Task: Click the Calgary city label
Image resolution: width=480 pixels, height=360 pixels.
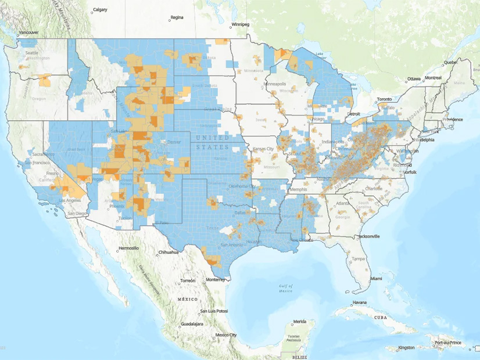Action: [101, 10]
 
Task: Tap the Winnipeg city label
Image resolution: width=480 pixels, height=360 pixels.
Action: [240, 24]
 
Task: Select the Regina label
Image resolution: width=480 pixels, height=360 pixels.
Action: [177, 18]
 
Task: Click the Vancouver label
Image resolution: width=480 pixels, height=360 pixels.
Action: [28, 33]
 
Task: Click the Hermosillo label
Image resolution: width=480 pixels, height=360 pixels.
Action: [129, 248]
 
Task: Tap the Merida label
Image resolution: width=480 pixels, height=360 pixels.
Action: [299, 322]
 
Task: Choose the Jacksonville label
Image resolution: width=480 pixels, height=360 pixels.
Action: [365, 236]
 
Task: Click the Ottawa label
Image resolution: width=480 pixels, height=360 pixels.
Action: [413, 78]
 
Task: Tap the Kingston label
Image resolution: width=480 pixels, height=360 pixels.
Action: [406, 348]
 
